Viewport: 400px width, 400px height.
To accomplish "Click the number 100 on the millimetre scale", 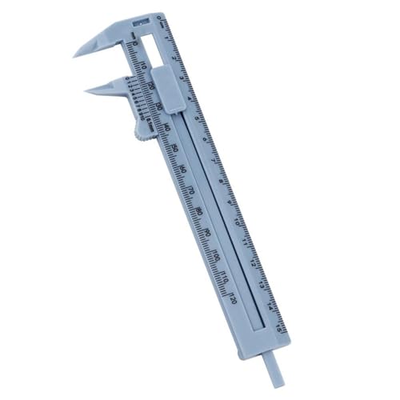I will click(217, 257).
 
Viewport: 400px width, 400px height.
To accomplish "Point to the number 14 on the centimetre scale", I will click(271, 305).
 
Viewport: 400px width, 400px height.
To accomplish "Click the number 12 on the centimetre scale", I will click(255, 262).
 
